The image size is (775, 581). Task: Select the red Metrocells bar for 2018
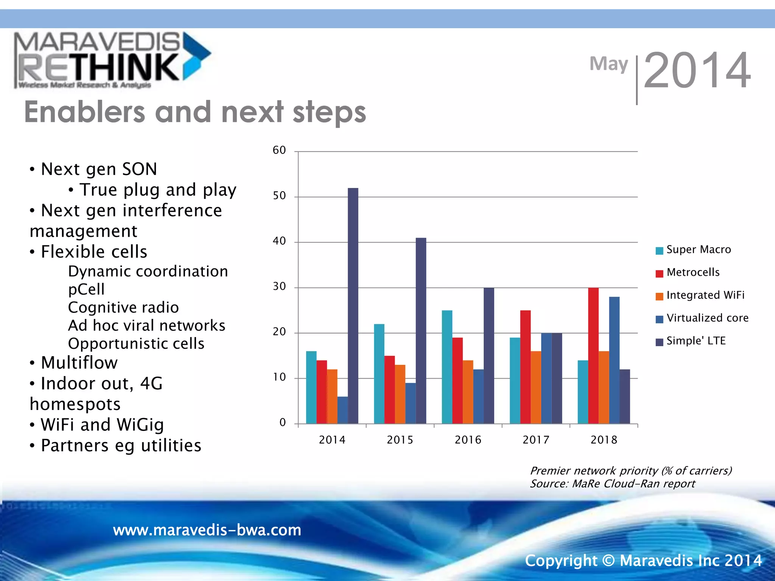coord(593,356)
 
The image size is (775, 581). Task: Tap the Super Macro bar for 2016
coord(447,367)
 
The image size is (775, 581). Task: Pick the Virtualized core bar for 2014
coord(342,410)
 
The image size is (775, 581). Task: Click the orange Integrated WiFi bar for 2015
coord(400,394)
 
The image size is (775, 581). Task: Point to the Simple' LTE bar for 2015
coord(421,331)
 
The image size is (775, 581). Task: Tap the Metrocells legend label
coord(693,272)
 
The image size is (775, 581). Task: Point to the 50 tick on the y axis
coord(279,196)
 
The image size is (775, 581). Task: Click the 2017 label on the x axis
coord(536,440)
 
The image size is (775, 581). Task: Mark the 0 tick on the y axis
coord(282,423)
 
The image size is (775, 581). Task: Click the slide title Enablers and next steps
coord(195,112)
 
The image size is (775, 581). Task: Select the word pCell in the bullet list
coord(86,289)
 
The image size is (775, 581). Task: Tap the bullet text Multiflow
coord(79,363)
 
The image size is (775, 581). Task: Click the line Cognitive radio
coord(123,308)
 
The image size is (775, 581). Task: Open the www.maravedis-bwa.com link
coord(207,530)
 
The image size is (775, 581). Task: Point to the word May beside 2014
coord(608,64)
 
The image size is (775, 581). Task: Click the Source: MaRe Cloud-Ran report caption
coord(612,484)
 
